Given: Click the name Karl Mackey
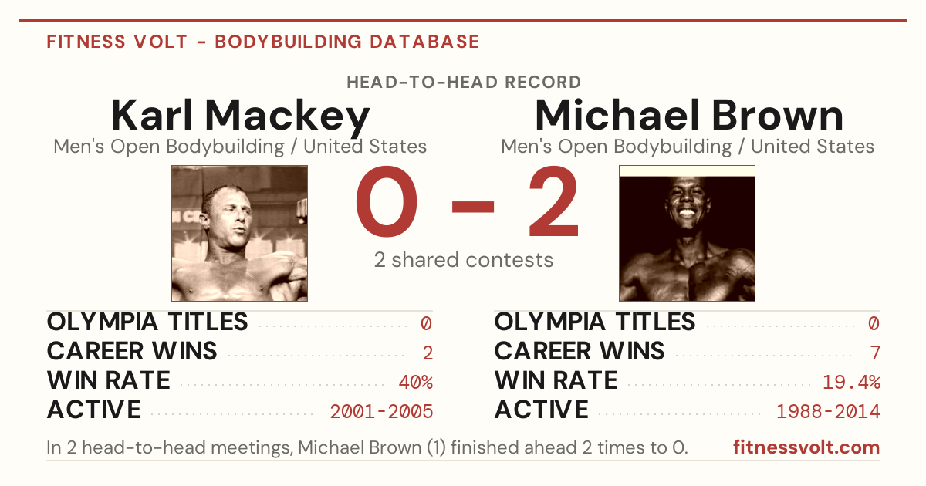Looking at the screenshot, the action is [x=241, y=116].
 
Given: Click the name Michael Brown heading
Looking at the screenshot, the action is [x=689, y=115].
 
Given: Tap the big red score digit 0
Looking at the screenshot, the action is [x=387, y=201].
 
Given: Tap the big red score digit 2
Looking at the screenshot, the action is [x=554, y=201].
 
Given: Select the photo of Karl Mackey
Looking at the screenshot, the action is [x=239, y=233].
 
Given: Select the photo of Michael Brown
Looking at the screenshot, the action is [x=687, y=233].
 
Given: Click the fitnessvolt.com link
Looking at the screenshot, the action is [x=806, y=447].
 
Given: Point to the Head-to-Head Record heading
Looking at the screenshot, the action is [x=464, y=83].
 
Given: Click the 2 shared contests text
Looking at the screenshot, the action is [x=464, y=260].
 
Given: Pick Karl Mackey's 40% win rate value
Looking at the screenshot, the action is [x=415, y=382].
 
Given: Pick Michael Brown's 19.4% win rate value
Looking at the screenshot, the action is [x=851, y=382].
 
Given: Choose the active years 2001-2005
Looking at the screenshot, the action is [x=381, y=411].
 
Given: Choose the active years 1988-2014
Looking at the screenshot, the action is [x=828, y=411].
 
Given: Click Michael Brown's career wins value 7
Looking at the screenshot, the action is [x=875, y=353].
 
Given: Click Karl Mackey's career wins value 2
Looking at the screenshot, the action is [x=428, y=353].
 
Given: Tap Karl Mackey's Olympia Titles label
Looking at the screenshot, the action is [x=147, y=322].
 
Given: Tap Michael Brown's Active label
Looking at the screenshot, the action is [x=541, y=410].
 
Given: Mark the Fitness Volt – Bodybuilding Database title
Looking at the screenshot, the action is [x=263, y=42].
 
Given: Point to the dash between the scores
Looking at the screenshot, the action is [x=473, y=207].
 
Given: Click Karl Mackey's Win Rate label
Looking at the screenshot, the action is [x=108, y=380].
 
